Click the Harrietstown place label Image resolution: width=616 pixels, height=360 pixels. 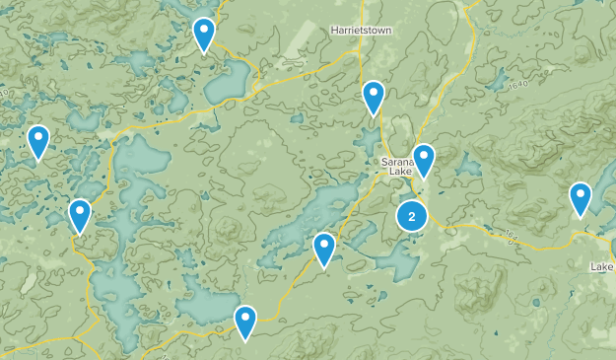click(362, 31)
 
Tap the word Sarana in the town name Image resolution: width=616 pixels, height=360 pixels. click(395, 161)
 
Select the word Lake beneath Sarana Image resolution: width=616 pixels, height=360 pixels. click(399, 173)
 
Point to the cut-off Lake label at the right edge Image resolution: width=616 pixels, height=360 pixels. click(602, 267)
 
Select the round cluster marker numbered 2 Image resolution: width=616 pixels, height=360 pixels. click(412, 217)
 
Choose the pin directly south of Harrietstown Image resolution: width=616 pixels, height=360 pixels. click(374, 98)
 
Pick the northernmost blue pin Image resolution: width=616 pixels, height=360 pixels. click(204, 35)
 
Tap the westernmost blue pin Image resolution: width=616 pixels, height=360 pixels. click(38, 142)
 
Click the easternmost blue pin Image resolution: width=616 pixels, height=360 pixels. click(581, 199)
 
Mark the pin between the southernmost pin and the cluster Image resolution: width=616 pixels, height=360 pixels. click(324, 250)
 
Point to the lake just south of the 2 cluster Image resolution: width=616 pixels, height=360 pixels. click(398, 258)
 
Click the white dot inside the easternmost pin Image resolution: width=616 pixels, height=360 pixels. click(581, 193)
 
